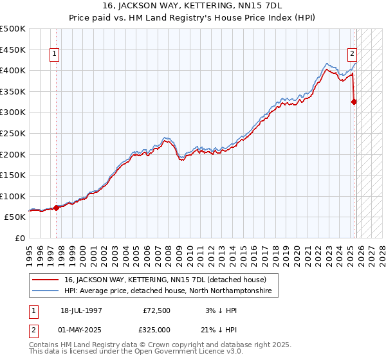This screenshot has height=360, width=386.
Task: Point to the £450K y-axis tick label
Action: [13, 50]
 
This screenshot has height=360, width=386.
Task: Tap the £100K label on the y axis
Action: [13, 196]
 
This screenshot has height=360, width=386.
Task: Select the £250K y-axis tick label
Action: [13, 133]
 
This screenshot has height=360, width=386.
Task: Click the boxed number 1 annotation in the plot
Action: [55, 55]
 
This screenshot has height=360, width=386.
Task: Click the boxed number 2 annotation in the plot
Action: [353, 55]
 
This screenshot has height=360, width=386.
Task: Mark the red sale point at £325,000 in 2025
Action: [354, 101]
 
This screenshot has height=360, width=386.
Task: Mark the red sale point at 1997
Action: [57, 207]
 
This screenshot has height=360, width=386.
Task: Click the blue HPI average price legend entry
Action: [168, 291]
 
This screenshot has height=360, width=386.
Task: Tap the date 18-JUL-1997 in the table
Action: [81, 310]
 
